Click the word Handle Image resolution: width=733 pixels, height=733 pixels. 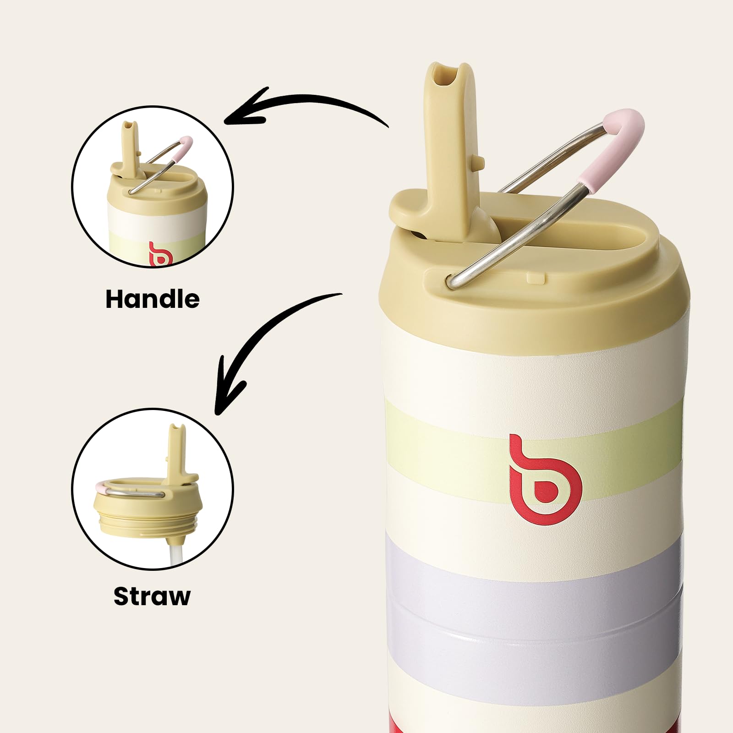pyautogui.click(x=153, y=299)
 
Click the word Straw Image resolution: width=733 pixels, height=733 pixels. pyautogui.click(x=152, y=596)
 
